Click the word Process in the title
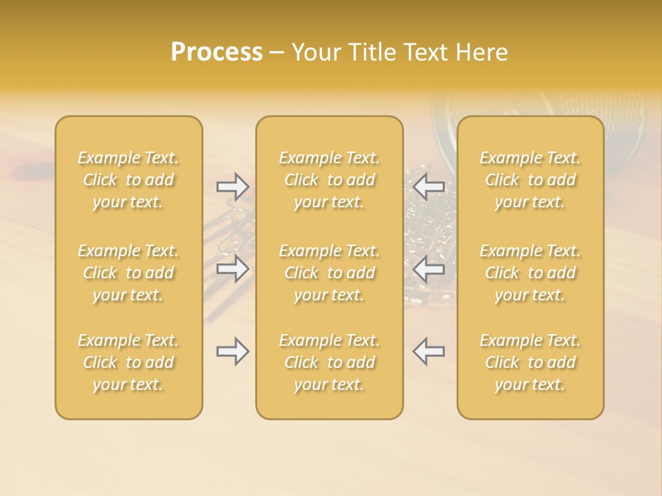tap(217, 52)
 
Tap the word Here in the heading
tap(482, 52)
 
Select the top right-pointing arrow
tap(232, 186)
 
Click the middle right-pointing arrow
tap(232, 268)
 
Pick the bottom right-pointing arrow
tap(232, 351)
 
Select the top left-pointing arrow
tap(428, 186)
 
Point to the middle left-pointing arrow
tap(428, 268)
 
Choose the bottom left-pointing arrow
tap(428, 351)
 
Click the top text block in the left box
tap(128, 180)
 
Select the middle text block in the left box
tap(128, 273)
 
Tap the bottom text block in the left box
tap(128, 362)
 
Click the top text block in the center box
tap(329, 180)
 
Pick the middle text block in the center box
tap(329, 273)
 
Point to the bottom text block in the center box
tap(329, 362)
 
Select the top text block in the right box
tap(530, 180)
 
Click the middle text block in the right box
tap(530, 273)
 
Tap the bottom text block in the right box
tap(530, 362)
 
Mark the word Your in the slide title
tap(315, 52)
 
